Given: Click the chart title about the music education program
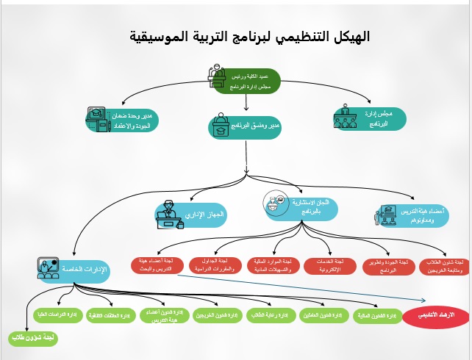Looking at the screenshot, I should tap(248, 36).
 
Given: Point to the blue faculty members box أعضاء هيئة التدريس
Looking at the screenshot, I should tap(411, 215).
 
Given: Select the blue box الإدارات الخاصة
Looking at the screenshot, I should tap(74, 269).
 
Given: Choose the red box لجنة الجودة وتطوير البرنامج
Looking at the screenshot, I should tap(389, 266).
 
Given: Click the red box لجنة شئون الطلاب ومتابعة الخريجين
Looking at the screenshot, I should tap(448, 266).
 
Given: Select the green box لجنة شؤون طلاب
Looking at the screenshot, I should tap(29, 339).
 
